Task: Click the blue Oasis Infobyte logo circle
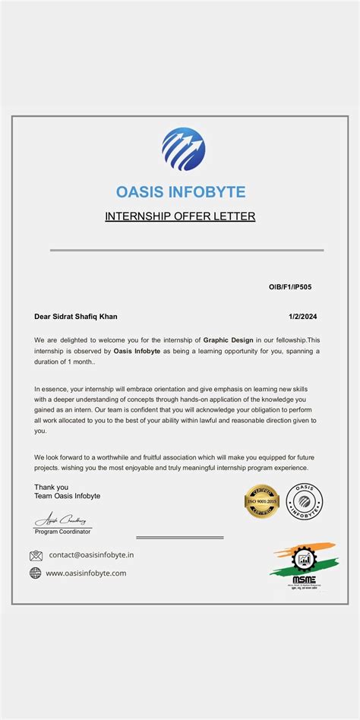point(183,149)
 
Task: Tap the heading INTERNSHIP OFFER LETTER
point(180,216)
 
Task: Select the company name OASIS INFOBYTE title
point(181,191)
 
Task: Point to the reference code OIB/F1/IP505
point(290,287)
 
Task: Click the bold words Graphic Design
point(228,339)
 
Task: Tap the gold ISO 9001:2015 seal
point(262,501)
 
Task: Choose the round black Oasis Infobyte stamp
point(304,501)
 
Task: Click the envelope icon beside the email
point(36,555)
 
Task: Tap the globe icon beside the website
point(36,573)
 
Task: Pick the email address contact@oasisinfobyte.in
point(91,555)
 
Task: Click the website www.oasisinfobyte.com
point(86,573)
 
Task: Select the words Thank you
point(51,487)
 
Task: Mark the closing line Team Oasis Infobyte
point(67,496)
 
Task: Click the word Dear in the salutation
point(43,316)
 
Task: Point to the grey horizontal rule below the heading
point(187,250)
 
